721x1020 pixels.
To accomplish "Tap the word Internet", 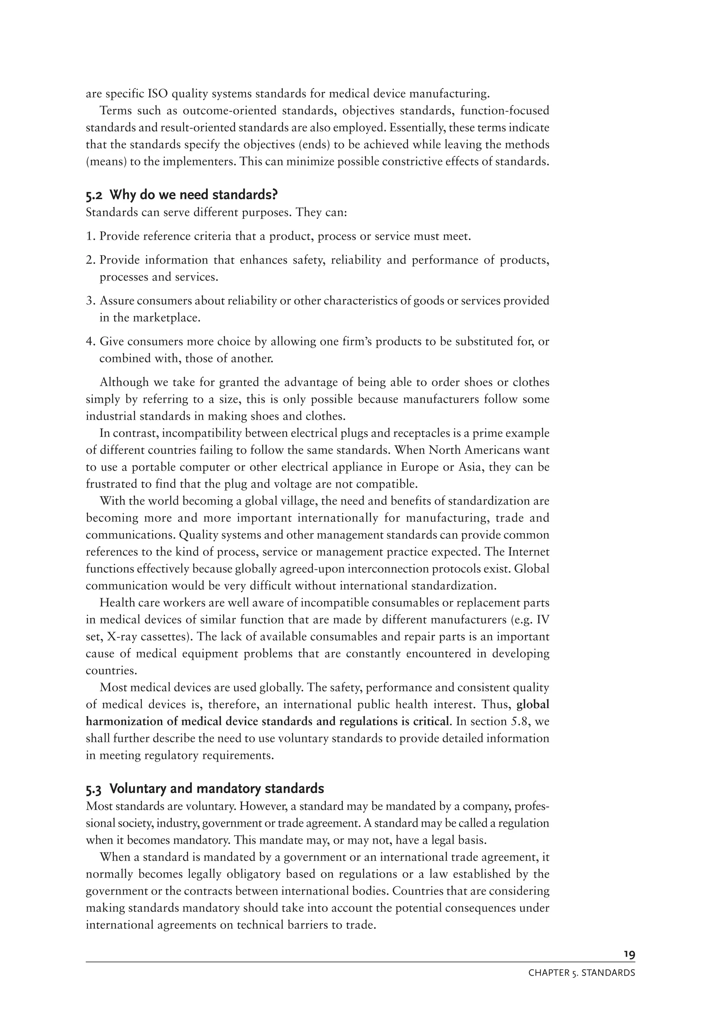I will pyautogui.click(x=528, y=552).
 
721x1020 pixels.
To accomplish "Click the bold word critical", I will pyautogui.click(x=430, y=722).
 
